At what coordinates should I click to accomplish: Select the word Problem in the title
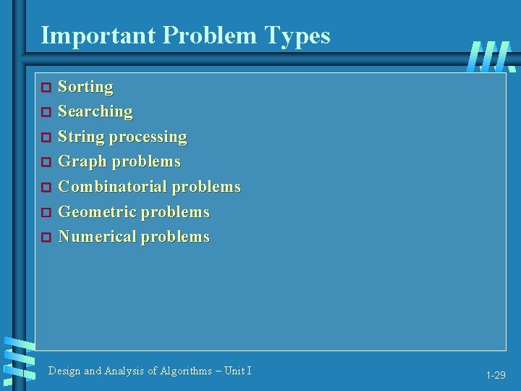coord(203,35)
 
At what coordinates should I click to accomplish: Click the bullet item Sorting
coord(85,87)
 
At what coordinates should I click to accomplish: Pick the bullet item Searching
coord(95,112)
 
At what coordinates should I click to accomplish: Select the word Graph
coord(79,161)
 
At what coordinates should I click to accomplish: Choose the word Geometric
coord(97,212)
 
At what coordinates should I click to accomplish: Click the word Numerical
coord(97,237)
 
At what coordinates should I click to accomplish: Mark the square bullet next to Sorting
coord(45,88)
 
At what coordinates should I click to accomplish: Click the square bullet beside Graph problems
coord(45,162)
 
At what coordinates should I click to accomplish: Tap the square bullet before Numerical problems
coord(45,237)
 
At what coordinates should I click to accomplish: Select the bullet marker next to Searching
coord(45,112)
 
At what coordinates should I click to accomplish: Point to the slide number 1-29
coord(496,375)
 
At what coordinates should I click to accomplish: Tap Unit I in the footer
coord(238,371)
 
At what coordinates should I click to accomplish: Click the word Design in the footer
coord(64,371)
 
